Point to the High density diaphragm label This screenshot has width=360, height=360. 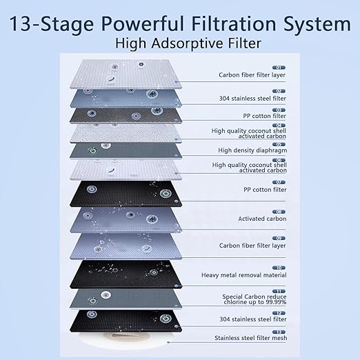[252, 149]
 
